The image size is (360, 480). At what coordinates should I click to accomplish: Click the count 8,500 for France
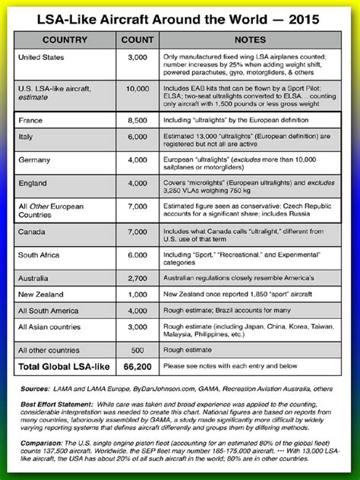coord(137,120)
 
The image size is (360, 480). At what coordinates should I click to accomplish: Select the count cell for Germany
coord(137,160)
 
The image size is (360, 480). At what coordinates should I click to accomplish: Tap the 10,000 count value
coord(137,89)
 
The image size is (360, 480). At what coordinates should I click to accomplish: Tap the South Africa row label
coord(39,255)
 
